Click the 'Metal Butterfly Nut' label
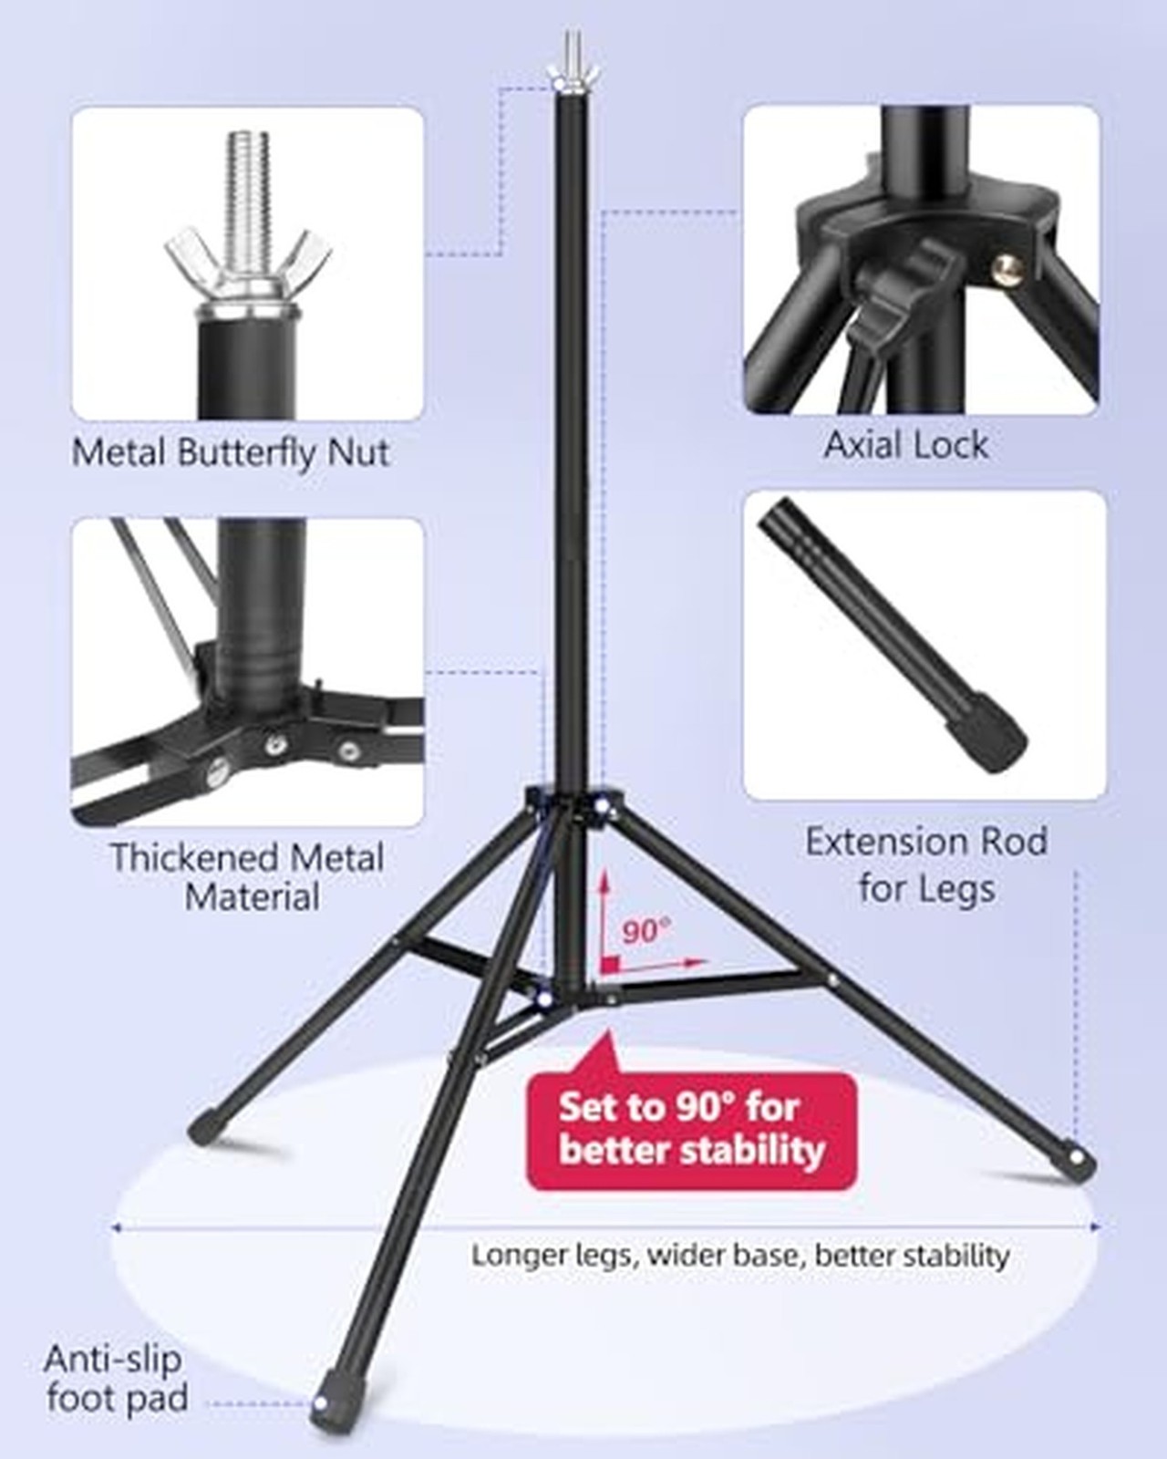click(231, 452)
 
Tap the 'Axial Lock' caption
click(906, 445)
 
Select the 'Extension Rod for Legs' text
click(927, 864)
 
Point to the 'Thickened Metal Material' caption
click(247, 877)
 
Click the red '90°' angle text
click(646, 932)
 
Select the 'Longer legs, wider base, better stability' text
click(740, 1255)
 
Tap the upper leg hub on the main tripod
click(573, 802)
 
